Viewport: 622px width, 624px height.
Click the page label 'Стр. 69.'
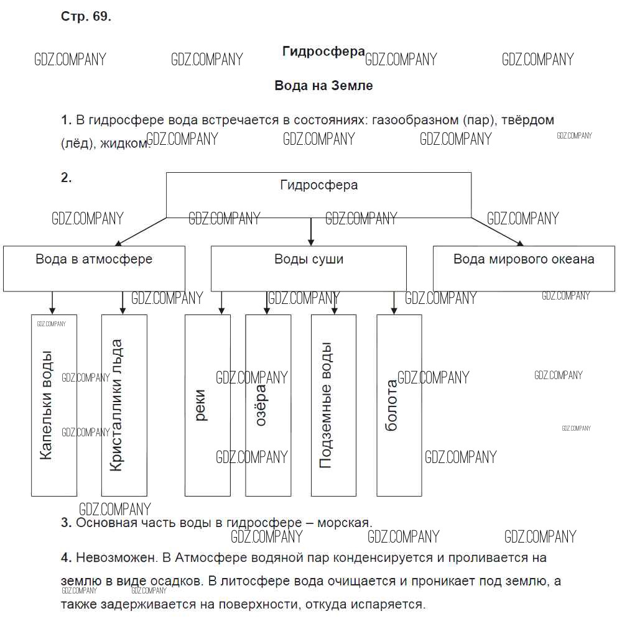pyautogui.click(x=86, y=17)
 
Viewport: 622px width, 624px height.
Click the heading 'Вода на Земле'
pyautogui.click(x=323, y=86)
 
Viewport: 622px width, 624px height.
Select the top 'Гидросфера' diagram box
pyautogui.click(x=318, y=195)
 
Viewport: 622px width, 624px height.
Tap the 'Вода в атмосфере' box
pyautogui.click(x=94, y=268)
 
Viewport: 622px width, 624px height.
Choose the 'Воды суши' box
pyautogui.click(x=309, y=268)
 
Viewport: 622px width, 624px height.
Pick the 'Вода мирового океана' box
pyautogui.click(x=524, y=268)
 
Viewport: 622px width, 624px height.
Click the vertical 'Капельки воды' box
pyautogui.click(x=54, y=405)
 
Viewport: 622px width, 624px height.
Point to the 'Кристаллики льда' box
pyautogui.click(x=124, y=405)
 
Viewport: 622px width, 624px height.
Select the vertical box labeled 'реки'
pyautogui.click(x=208, y=405)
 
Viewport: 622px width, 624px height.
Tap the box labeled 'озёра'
pyautogui.click(x=268, y=405)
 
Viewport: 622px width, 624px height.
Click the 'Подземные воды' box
pyautogui.click(x=334, y=405)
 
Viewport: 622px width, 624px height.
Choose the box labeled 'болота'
pyautogui.click(x=399, y=405)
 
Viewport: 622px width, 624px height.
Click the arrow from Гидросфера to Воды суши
pyautogui.click(x=311, y=232)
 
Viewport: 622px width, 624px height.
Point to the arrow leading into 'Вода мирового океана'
pyautogui.click(x=498, y=231)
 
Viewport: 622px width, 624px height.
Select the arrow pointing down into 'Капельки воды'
pyautogui.click(x=52, y=303)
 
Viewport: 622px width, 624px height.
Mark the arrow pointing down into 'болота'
pyautogui.click(x=394, y=303)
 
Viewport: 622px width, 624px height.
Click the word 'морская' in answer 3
pyautogui.click(x=343, y=523)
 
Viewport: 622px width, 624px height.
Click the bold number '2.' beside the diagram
pyautogui.click(x=67, y=178)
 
